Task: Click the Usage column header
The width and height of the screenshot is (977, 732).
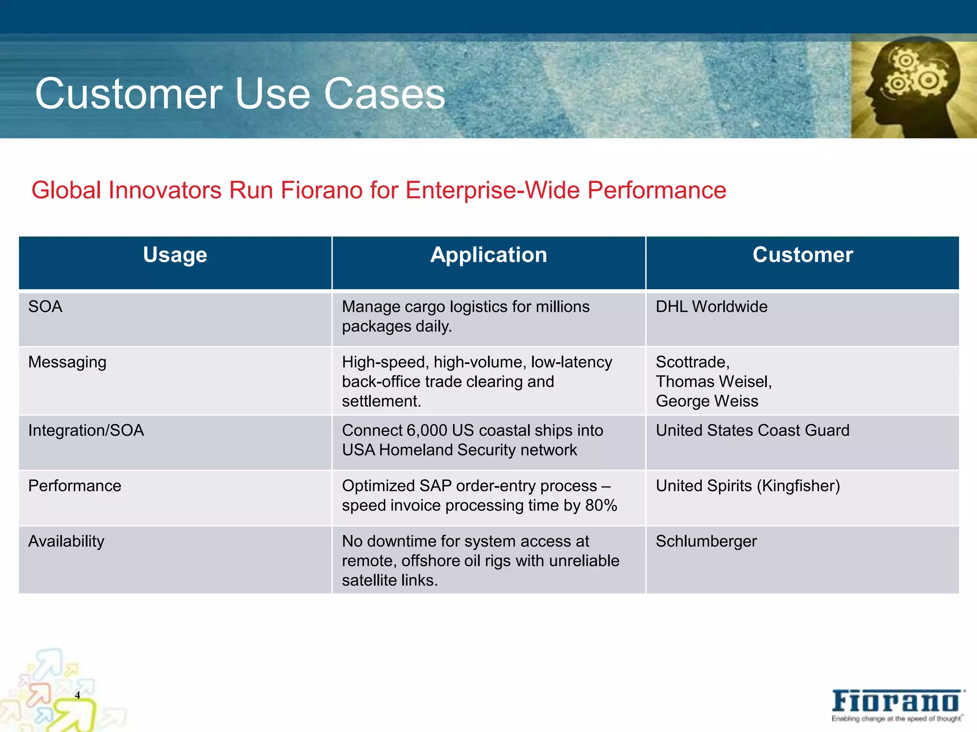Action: tap(175, 255)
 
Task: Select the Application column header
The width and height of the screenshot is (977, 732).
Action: tap(488, 255)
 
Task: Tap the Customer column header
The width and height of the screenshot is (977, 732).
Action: tap(802, 255)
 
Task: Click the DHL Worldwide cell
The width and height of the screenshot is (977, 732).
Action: tap(711, 306)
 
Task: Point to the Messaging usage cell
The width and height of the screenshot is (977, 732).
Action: tap(67, 362)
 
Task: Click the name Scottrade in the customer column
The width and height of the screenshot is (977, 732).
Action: tap(692, 362)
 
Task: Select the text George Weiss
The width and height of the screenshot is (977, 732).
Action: tap(707, 401)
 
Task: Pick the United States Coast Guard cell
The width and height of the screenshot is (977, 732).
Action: tap(752, 430)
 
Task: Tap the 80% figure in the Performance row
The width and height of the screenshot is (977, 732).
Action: tap(601, 505)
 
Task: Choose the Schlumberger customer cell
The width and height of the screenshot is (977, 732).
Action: tap(706, 541)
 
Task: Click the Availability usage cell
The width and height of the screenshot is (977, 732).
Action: tap(66, 541)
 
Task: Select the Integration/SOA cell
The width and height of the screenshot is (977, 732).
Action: tap(86, 430)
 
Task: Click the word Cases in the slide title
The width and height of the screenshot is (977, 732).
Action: tap(385, 94)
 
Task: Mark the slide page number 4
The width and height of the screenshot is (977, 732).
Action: tap(77, 695)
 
